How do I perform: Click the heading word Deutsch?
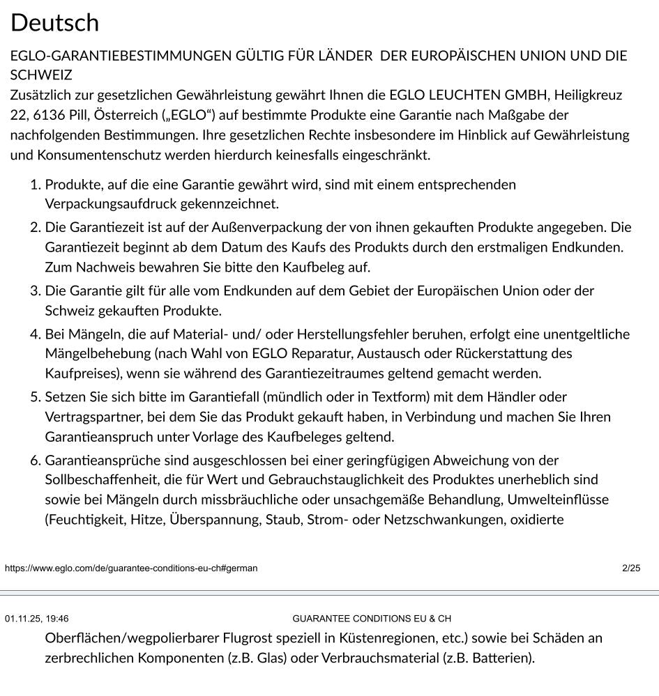[x=54, y=23]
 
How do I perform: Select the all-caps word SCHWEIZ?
[x=41, y=75]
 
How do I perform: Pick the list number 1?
[x=34, y=185]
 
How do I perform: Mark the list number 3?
[x=35, y=291]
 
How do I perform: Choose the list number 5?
[x=35, y=397]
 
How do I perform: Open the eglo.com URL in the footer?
[x=131, y=568]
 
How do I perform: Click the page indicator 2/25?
[x=631, y=568]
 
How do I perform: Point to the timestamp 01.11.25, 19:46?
[x=37, y=619]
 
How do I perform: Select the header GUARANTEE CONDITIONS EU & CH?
[x=372, y=619]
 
